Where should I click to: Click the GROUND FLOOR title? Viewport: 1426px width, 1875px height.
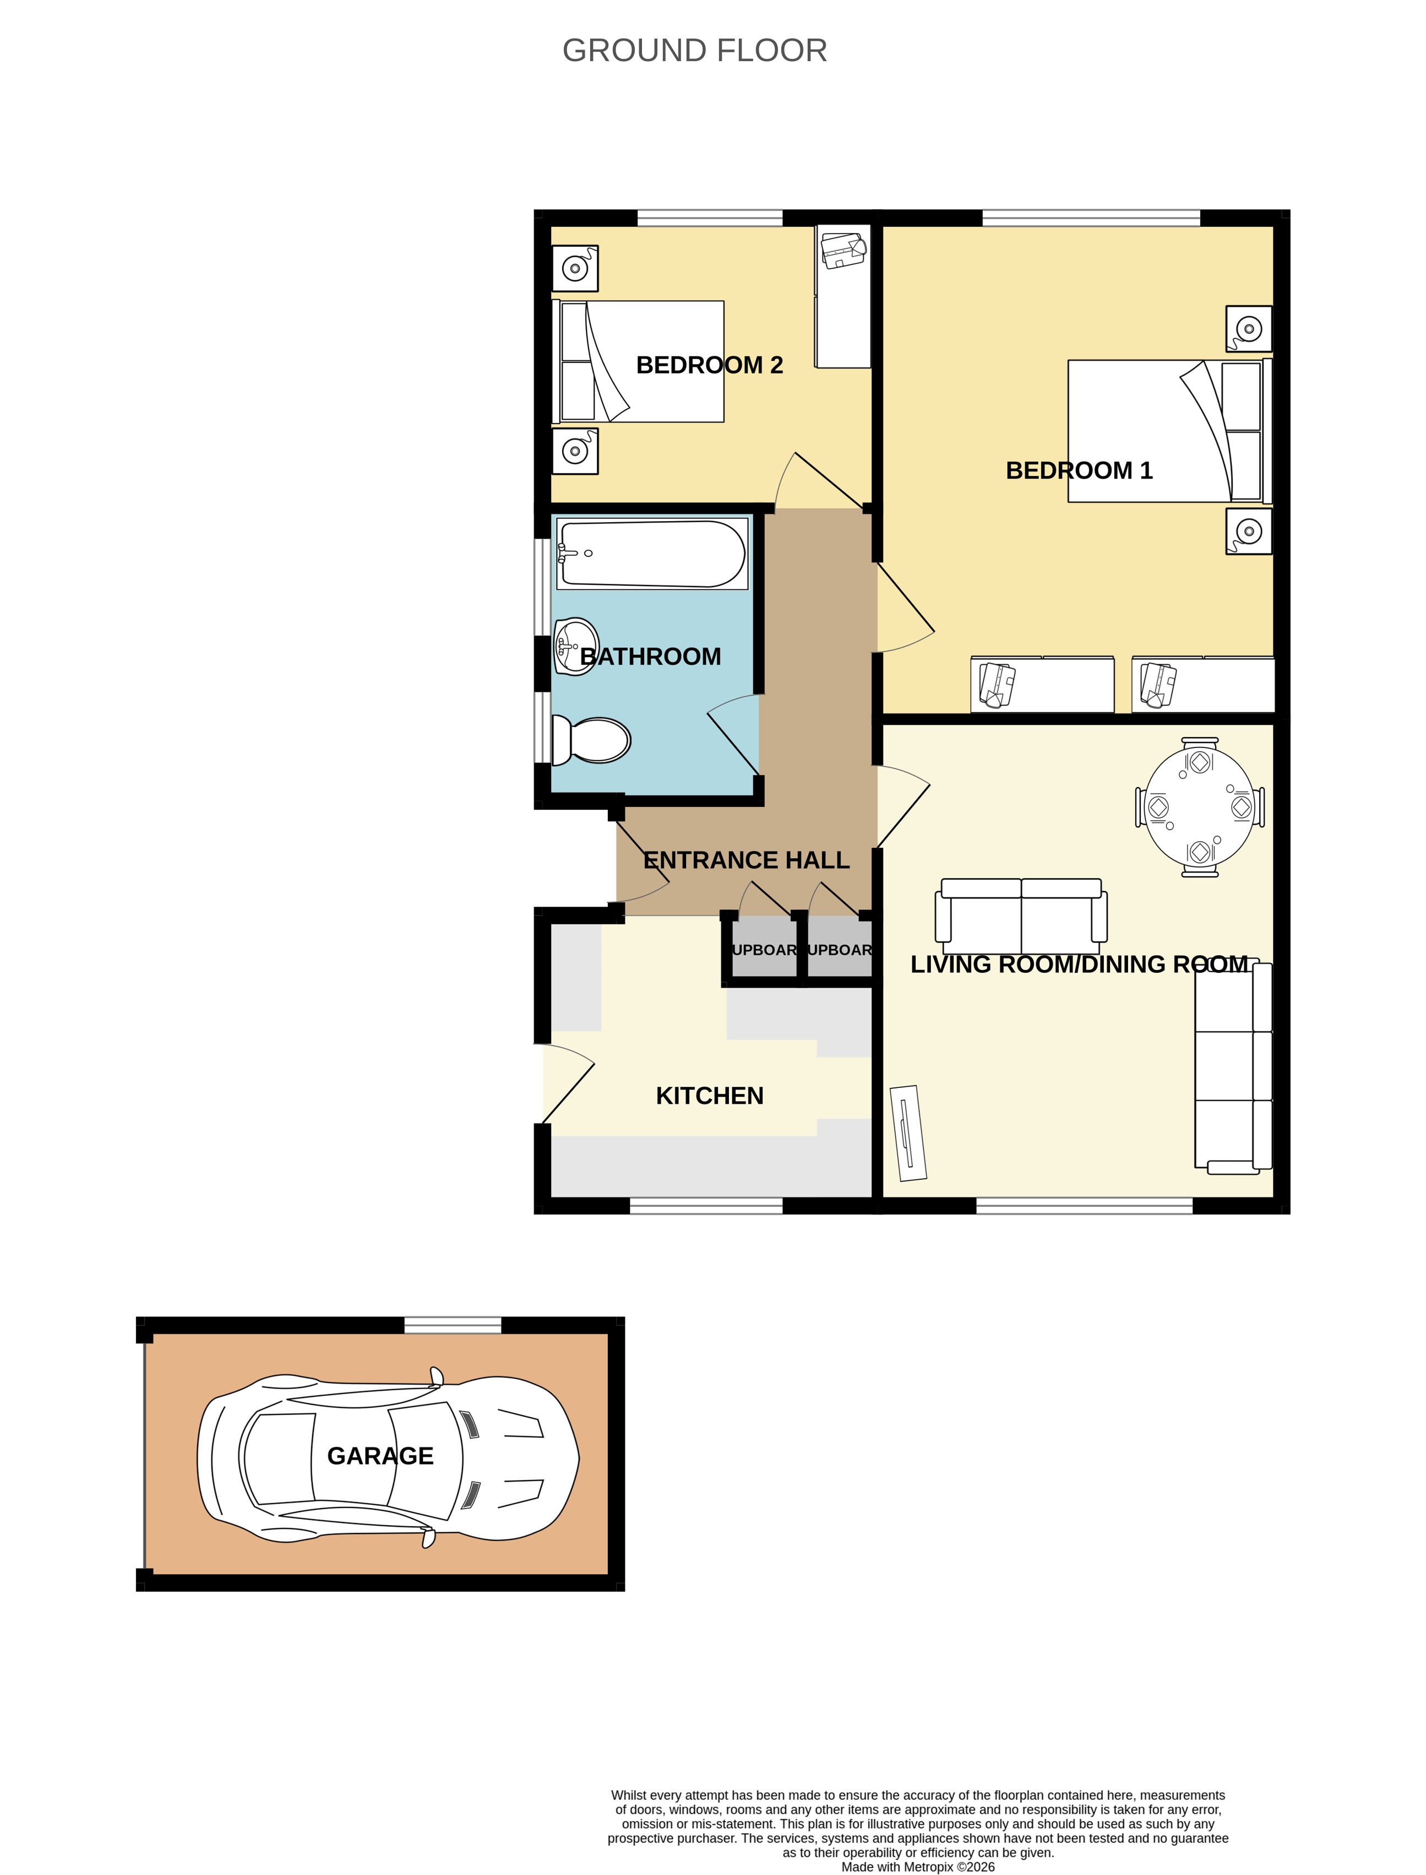click(694, 51)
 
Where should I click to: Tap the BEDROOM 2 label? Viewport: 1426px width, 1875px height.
click(710, 365)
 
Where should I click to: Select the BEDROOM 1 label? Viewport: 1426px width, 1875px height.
click(1079, 470)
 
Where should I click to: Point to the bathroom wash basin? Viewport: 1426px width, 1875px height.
click(576, 646)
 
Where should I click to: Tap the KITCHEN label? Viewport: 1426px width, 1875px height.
click(710, 1096)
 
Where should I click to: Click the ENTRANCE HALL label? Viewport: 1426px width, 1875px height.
click(746, 860)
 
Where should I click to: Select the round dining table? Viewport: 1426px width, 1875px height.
click(1199, 807)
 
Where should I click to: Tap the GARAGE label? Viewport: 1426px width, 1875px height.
click(380, 1456)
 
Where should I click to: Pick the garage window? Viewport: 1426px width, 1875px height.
click(453, 1325)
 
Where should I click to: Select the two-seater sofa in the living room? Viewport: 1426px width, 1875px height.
click(1021, 915)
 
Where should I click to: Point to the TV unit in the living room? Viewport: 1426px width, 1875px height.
click(907, 1133)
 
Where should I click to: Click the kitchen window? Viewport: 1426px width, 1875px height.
click(706, 1205)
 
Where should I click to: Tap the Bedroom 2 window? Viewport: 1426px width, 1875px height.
click(710, 218)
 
